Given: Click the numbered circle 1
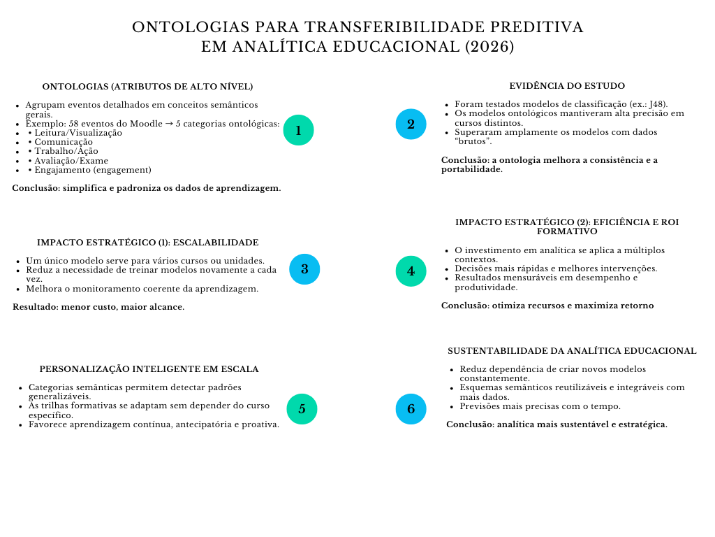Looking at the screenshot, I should click(298, 130).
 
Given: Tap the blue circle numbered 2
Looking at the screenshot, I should click(411, 124).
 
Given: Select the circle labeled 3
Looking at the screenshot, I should click(304, 269).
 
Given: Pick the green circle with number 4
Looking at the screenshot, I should click(411, 271).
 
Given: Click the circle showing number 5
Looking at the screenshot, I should click(302, 409).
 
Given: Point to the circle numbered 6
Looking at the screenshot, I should click(411, 409).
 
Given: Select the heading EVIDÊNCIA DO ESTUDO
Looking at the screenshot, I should click(566, 86).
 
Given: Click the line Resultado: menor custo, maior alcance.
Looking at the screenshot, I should click(98, 307).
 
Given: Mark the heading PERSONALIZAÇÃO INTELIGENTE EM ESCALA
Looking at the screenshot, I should click(149, 369).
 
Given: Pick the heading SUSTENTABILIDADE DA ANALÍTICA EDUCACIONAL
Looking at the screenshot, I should click(572, 351).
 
